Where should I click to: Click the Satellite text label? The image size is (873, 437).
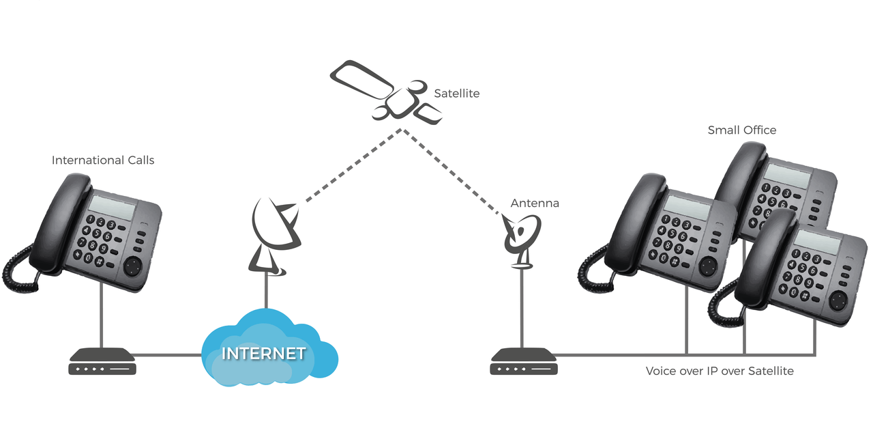click(x=456, y=94)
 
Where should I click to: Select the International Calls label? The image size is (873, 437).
click(x=103, y=160)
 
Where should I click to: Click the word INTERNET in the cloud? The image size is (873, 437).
click(x=264, y=354)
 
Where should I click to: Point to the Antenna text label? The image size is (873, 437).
click(x=535, y=203)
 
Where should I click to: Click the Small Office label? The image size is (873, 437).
click(x=741, y=130)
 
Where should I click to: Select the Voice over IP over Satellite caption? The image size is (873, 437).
click(x=720, y=371)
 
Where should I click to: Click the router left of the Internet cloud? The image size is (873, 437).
click(x=102, y=361)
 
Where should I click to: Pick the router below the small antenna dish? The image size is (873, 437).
click(x=523, y=361)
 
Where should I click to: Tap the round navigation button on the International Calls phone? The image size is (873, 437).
click(x=133, y=264)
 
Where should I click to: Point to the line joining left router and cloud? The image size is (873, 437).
click(x=168, y=355)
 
